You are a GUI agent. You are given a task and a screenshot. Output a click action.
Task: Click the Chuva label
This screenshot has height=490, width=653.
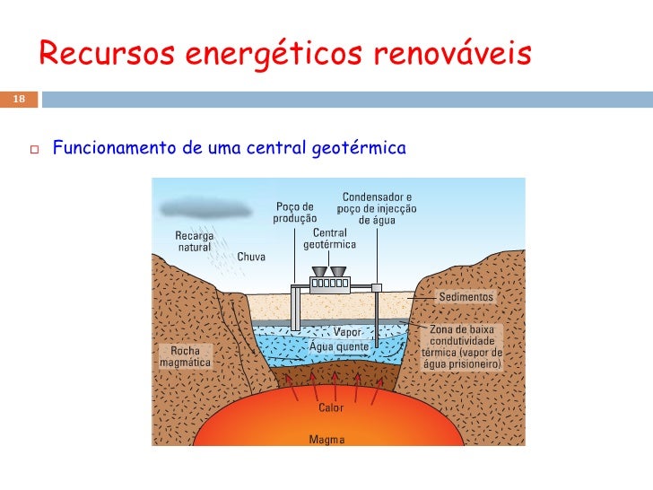(251, 257)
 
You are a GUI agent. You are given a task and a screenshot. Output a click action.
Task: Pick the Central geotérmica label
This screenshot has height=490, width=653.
(330, 239)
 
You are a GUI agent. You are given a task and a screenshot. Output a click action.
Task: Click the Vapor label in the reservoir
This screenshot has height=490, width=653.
(347, 332)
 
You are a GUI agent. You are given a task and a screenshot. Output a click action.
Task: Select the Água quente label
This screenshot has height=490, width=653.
(339, 346)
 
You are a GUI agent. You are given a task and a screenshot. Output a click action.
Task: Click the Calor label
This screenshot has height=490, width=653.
(330, 408)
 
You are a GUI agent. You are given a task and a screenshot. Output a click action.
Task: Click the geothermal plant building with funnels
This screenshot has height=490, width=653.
(328, 282)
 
